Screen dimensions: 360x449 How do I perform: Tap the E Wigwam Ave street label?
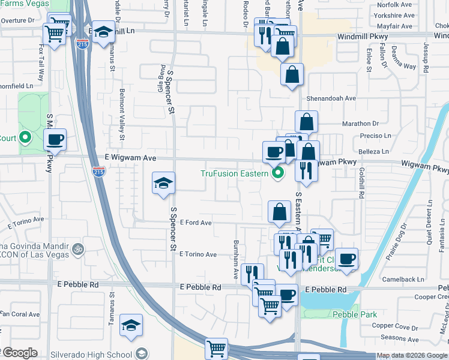tap(130, 158)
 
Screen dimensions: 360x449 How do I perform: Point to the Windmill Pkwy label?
tap(363, 37)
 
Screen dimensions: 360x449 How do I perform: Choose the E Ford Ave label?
tap(195, 223)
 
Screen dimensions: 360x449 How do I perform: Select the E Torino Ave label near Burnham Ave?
tap(197, 254)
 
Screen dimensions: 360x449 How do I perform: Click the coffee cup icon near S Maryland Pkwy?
tap(55, 140)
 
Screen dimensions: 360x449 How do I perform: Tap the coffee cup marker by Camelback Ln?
tap(346, 259)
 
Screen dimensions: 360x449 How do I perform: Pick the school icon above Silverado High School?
tap(131, 325)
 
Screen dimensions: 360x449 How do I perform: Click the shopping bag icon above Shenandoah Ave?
tap(292, 75)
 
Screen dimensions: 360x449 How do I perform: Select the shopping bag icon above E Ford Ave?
tap(279, 212)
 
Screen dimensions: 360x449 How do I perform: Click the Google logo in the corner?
tap(19, 353)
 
